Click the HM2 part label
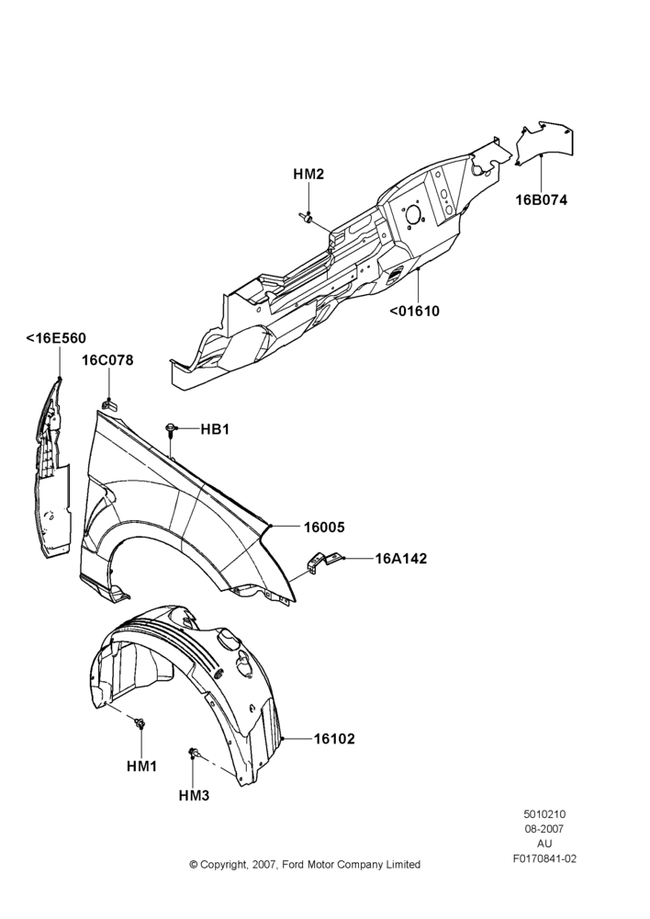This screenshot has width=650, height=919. tap(308, 174)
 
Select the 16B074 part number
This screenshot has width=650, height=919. tap(541, 199)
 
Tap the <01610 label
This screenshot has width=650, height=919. tap(415, 311)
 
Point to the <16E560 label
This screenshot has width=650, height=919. tap(56, 338)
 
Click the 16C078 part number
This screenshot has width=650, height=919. tap(107, 360)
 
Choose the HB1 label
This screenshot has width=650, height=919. tap(215, 429)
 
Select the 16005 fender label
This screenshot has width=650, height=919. tap(324, 528)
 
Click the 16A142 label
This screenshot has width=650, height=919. tap(401, 559)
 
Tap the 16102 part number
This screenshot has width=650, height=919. tap(334, 739)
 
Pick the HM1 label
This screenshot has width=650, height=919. tap(141, 766)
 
